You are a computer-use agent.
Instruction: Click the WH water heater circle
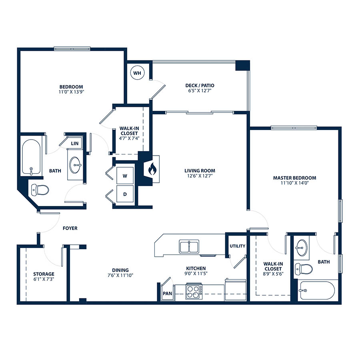[x=137, y=73]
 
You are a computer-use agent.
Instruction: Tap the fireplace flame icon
[x=152, y=169]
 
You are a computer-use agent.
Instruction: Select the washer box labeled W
[x=125, y=176]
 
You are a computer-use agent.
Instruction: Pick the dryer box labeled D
[x=125, y=194]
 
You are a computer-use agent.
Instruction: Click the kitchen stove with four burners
[x=194, y=292]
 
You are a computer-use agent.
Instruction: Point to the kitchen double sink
[x=189, y=247]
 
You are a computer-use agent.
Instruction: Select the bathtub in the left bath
[x=31, y=157]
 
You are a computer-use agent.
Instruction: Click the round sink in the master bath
[x=302, y=248]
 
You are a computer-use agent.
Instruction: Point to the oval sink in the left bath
[x=75, y=165]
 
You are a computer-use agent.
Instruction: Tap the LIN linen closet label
[x=75, y=144]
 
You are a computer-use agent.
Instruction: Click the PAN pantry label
[x=167, y=294]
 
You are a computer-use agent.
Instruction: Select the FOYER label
[x=70, y=228]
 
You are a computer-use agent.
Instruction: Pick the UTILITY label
[x=238, y=246]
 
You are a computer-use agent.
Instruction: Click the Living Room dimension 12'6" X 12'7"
[x=200, y=176]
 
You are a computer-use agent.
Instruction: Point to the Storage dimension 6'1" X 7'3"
[x=44, y=279]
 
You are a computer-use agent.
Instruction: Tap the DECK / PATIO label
[x=200, y=86]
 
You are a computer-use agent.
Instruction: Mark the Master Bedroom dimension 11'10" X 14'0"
[x=294, y=183]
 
